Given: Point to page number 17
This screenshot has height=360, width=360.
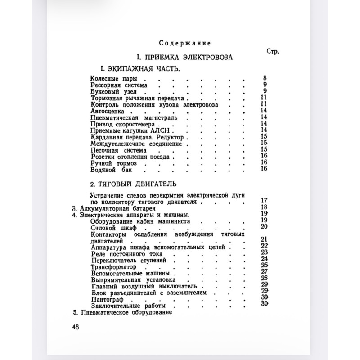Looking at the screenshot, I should pyautogui.click(x=264, y=201).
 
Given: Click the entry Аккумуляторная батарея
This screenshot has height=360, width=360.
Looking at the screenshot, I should pyautogui.click(x=117, y=210).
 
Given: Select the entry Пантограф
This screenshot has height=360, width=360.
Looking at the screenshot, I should pyautogui.click(x=106, y=299).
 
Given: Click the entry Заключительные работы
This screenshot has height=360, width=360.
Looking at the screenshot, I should pyautogui.click(x=122, y=306).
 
